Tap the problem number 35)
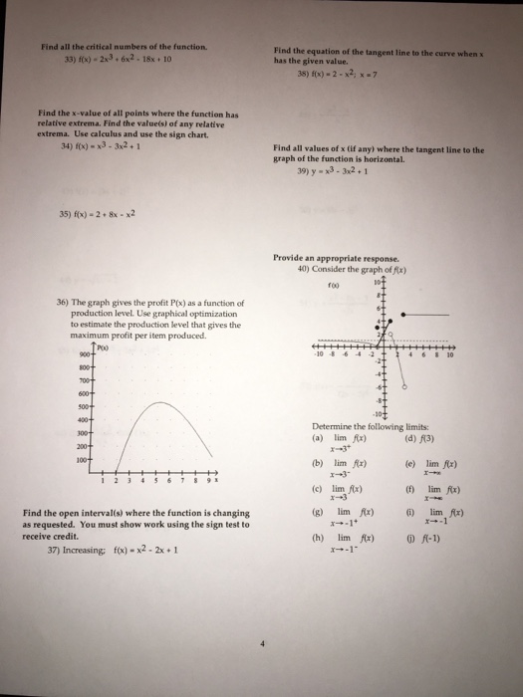[x=45, y=240]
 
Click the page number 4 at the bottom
[x=261, y=643]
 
